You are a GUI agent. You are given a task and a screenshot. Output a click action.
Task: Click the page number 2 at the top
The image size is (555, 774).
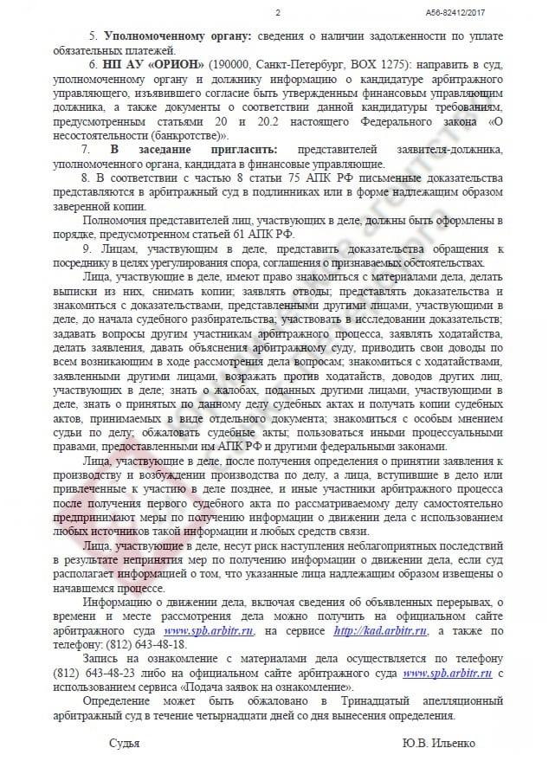[277, 12]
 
